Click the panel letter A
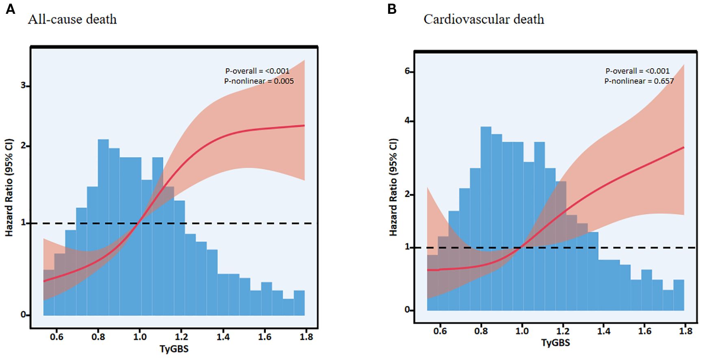point(11,9)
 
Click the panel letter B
point(392,9)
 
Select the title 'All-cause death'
point(72,19)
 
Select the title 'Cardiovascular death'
point(484,19)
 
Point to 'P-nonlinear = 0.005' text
point(259,81)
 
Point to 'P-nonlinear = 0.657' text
point(639,81)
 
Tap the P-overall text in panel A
point(257,71)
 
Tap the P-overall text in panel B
point(637,71)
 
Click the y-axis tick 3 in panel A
point(23,86)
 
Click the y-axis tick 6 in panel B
point(407,72)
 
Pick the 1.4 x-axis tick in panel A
point(223,337)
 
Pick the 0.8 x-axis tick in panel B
point(481,331)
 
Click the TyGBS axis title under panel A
point(174,349)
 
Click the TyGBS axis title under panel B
point(555,343)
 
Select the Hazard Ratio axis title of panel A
point(9,187)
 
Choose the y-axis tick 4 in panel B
point(407,121)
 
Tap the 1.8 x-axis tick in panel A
point(306,337)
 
